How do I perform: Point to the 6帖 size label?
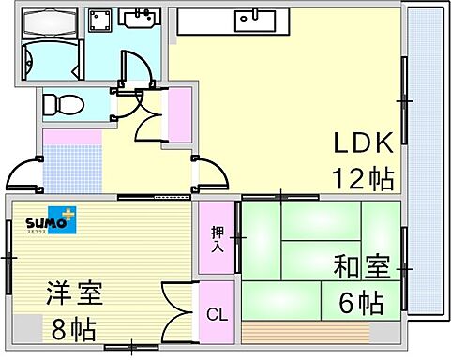tap(361, 302)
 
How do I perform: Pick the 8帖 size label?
tap(73, 329)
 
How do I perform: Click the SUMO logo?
tap(51, 223)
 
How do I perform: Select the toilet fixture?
tap(66, 103)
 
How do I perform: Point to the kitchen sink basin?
tap(252, 17)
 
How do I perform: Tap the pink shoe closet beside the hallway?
tap(179, 116)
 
